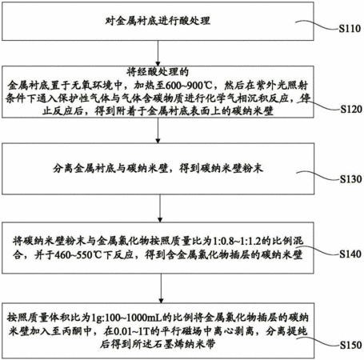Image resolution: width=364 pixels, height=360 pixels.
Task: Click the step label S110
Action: (x=350, y=29)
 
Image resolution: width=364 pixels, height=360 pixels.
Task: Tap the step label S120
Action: (x=351, y=109)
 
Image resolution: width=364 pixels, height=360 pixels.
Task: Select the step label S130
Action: (x=350, y=179)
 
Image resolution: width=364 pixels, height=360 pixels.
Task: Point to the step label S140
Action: (x=350, y=254)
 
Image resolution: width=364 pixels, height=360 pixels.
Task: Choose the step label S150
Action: (x=350, y=345)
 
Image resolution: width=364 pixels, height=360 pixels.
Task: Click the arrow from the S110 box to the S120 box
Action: (x=158, y=54)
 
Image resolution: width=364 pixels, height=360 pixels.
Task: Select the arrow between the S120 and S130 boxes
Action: (x=158, y=130)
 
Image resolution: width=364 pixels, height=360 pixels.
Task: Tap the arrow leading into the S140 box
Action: (x=160, y=208)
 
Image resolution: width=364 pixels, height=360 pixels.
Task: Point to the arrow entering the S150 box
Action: (x=161, y=288)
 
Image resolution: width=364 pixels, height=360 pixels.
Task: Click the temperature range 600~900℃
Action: (x=189, y=86)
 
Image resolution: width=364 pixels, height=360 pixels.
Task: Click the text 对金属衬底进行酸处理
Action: (x=158, y=21)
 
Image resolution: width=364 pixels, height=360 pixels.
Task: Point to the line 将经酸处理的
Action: (x=158, y=71)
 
